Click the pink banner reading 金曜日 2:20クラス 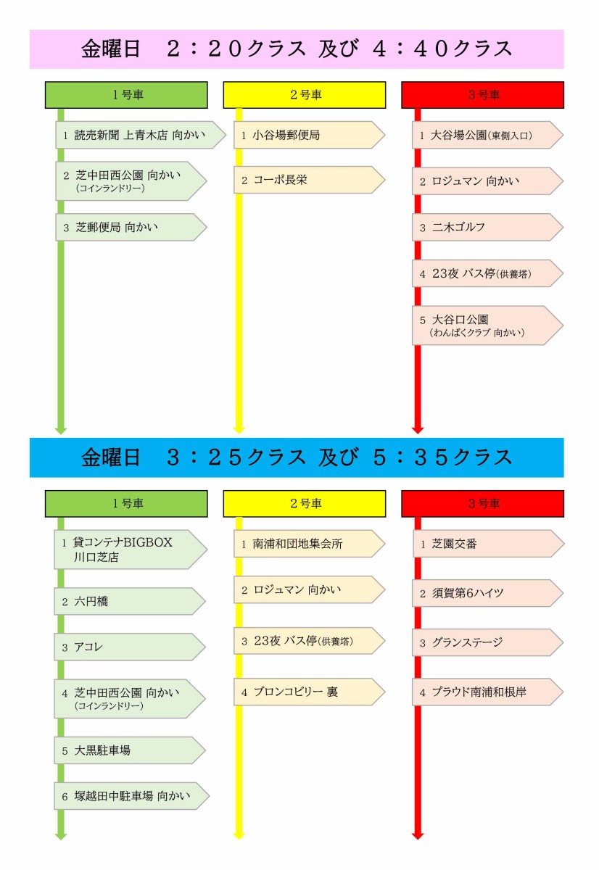297,49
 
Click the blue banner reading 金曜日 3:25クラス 297,457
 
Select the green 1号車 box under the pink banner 126,95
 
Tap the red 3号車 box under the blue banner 482,503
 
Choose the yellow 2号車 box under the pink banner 305,95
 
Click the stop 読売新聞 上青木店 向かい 141,135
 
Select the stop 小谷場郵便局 309,135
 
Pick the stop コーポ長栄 309,180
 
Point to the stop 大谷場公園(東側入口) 487,135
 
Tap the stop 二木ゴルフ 487,227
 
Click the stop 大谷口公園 487,326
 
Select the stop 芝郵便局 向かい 131,227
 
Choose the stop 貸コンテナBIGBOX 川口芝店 130,550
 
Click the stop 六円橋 129,601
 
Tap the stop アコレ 129,647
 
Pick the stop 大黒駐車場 129,750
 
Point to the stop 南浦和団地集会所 309,544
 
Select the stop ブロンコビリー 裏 309,692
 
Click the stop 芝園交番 488,544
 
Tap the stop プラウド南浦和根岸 487,692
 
